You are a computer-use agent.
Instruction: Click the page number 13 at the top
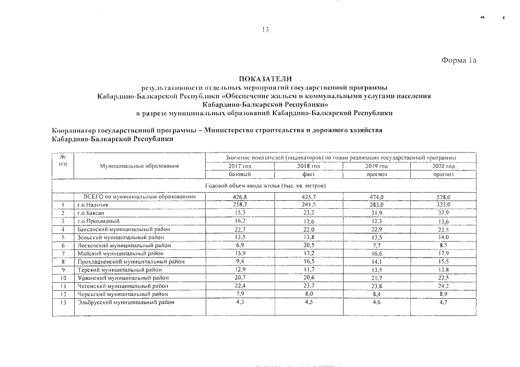tap(265, 30)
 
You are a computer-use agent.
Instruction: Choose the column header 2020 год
tap(443, 166)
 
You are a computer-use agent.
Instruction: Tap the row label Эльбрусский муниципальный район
tap(125, 302)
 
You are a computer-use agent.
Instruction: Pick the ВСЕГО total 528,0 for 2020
tap(443, 197)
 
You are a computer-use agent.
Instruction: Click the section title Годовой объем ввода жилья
tap(265, 186)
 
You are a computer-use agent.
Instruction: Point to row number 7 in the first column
tap(61, 253)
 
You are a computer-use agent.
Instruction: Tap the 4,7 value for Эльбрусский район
tap(443, 302)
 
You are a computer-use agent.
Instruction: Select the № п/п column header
tap(61, 161)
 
